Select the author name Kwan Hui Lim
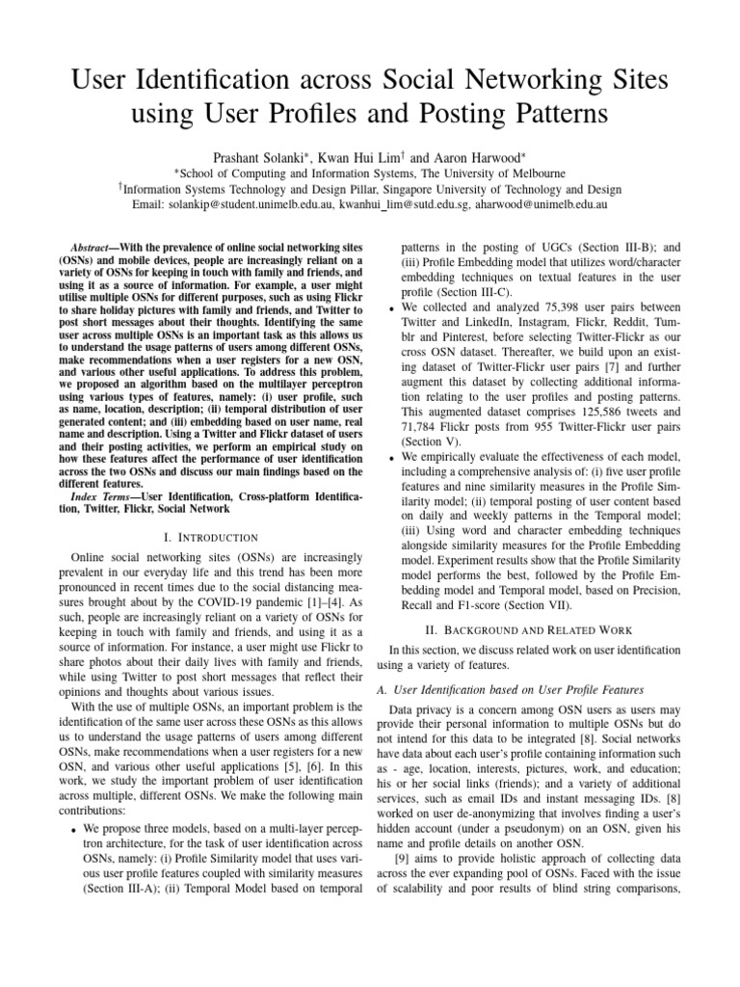click(x=375, y=156)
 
